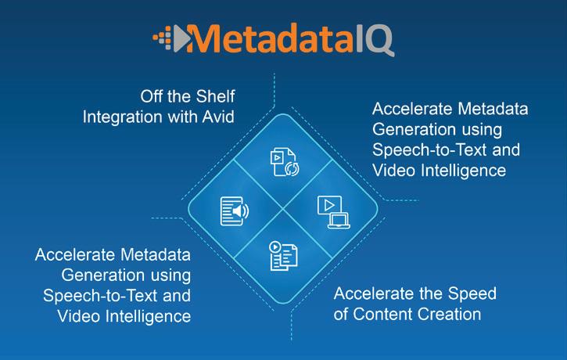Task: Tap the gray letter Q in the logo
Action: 379,41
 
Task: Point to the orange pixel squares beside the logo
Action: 163,38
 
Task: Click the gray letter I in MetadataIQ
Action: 360,38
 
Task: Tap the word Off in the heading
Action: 151,96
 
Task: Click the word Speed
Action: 472,294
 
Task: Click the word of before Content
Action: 341,314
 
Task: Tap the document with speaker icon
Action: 235,211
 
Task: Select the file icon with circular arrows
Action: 285,162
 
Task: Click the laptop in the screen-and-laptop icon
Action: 339,221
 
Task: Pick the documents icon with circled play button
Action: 283,256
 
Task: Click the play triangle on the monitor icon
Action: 329,206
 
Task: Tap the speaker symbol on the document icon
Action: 240,211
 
